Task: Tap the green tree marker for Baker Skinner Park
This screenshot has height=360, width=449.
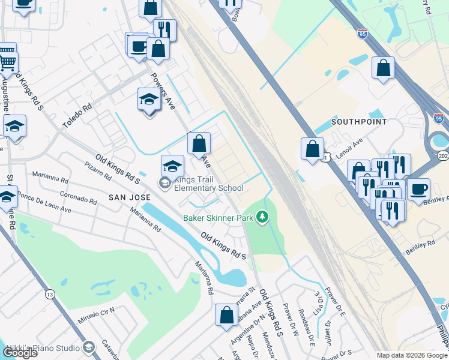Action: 262,216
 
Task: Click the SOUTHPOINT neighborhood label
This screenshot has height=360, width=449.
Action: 359,121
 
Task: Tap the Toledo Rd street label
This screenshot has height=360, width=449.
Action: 78,118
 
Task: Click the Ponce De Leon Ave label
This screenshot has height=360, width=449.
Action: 44,203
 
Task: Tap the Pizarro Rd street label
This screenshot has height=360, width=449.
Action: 98,171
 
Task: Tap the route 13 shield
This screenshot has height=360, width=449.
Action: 50,294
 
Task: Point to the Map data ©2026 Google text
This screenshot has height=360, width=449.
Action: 412,355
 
